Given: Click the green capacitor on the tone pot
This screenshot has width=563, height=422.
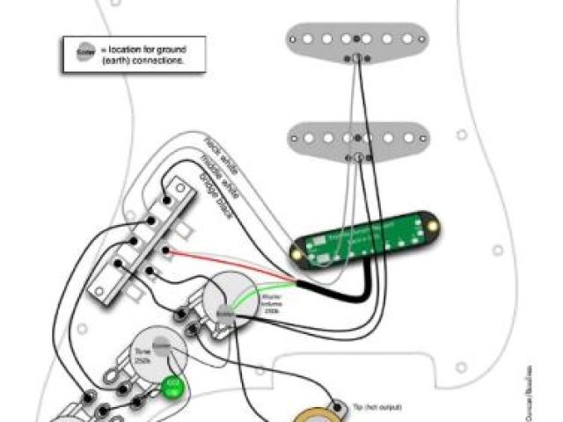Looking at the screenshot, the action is (x=172, y=385).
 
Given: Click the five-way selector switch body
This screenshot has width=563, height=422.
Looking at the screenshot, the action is (x=142, y=241).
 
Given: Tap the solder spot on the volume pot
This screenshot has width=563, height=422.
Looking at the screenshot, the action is (x=223, y=313).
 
